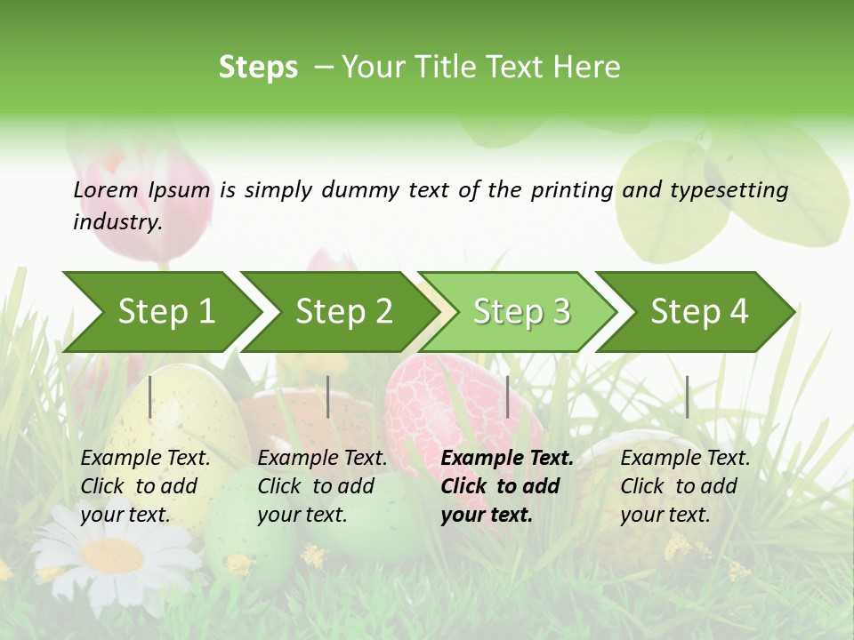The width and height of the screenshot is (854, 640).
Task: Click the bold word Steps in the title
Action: pos(258,68)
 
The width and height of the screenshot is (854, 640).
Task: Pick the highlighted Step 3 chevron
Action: pos(521,311)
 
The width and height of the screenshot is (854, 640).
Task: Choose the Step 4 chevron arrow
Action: pos(699,311)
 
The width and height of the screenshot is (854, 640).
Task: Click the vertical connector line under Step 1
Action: pos(150,396)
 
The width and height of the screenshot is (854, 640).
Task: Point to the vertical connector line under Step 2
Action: pos(328,396)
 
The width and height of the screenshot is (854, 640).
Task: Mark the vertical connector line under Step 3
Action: pos(507,396)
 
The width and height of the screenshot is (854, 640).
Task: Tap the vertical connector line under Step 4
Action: pos(687,396)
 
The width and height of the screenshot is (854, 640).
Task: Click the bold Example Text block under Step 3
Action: pos(507,486)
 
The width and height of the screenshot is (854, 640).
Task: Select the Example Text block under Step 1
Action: pos(146,486)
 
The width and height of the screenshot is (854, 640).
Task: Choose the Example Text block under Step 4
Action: pos(685,486)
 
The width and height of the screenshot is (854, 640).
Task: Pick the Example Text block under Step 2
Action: pos(322,486)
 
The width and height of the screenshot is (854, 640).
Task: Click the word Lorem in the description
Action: pos(106,189)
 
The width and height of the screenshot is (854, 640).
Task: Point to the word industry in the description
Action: pos(117,221)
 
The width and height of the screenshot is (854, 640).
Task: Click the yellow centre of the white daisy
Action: pos(112,555)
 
